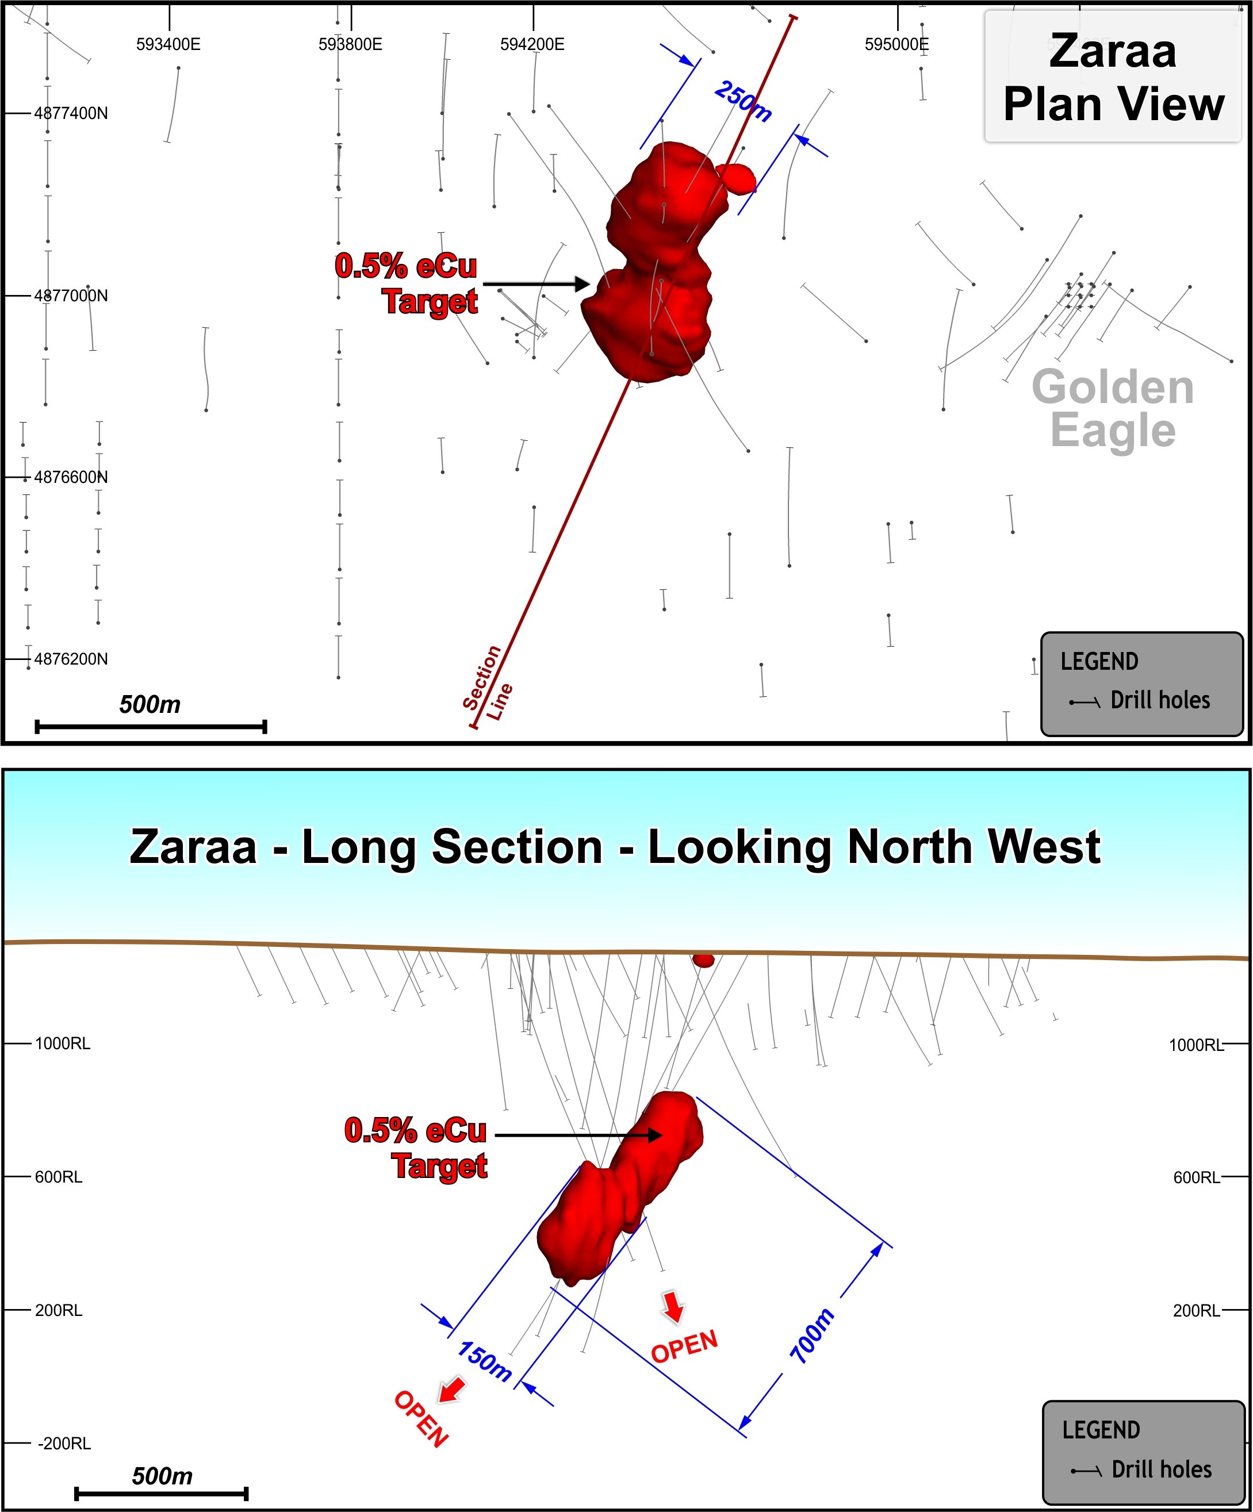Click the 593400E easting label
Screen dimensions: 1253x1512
168,45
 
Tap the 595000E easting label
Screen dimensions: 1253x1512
896,45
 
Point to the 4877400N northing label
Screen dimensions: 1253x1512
71,114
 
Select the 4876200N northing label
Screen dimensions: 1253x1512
71,659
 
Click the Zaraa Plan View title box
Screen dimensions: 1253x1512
1113,77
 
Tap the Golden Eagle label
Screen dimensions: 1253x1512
1113,408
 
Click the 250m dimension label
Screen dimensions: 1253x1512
743,101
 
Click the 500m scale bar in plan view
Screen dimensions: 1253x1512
151,727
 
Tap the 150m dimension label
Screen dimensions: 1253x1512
485,1361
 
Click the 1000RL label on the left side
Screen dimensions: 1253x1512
63,1043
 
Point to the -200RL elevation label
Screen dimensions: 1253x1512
64,1444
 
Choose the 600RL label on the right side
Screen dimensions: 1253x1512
1196,1177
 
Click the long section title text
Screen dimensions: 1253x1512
614,846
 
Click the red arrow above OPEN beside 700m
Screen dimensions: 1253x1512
673,1306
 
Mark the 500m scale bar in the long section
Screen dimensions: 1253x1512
162,1493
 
